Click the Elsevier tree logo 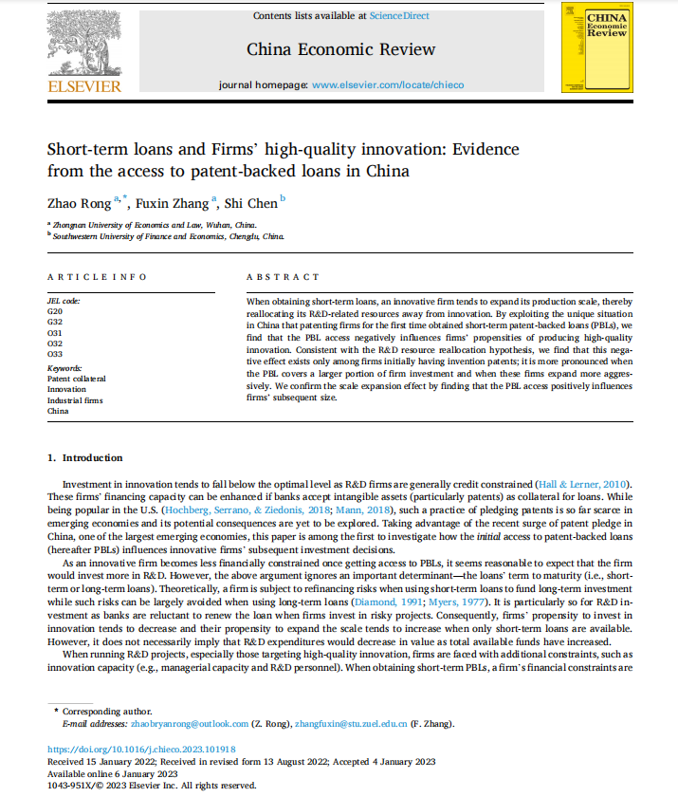[83, 44]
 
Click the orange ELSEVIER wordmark [84, 86]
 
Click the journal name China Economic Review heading [340, 49]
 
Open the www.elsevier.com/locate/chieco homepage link [388, 84]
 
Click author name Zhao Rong [79, 202]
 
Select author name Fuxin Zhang [174, 202]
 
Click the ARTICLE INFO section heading [97, 277]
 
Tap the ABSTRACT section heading [283, 277]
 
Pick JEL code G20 [55, 310]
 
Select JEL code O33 [55, 352]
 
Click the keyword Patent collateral [77, 378]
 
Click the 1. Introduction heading [85, 458]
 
